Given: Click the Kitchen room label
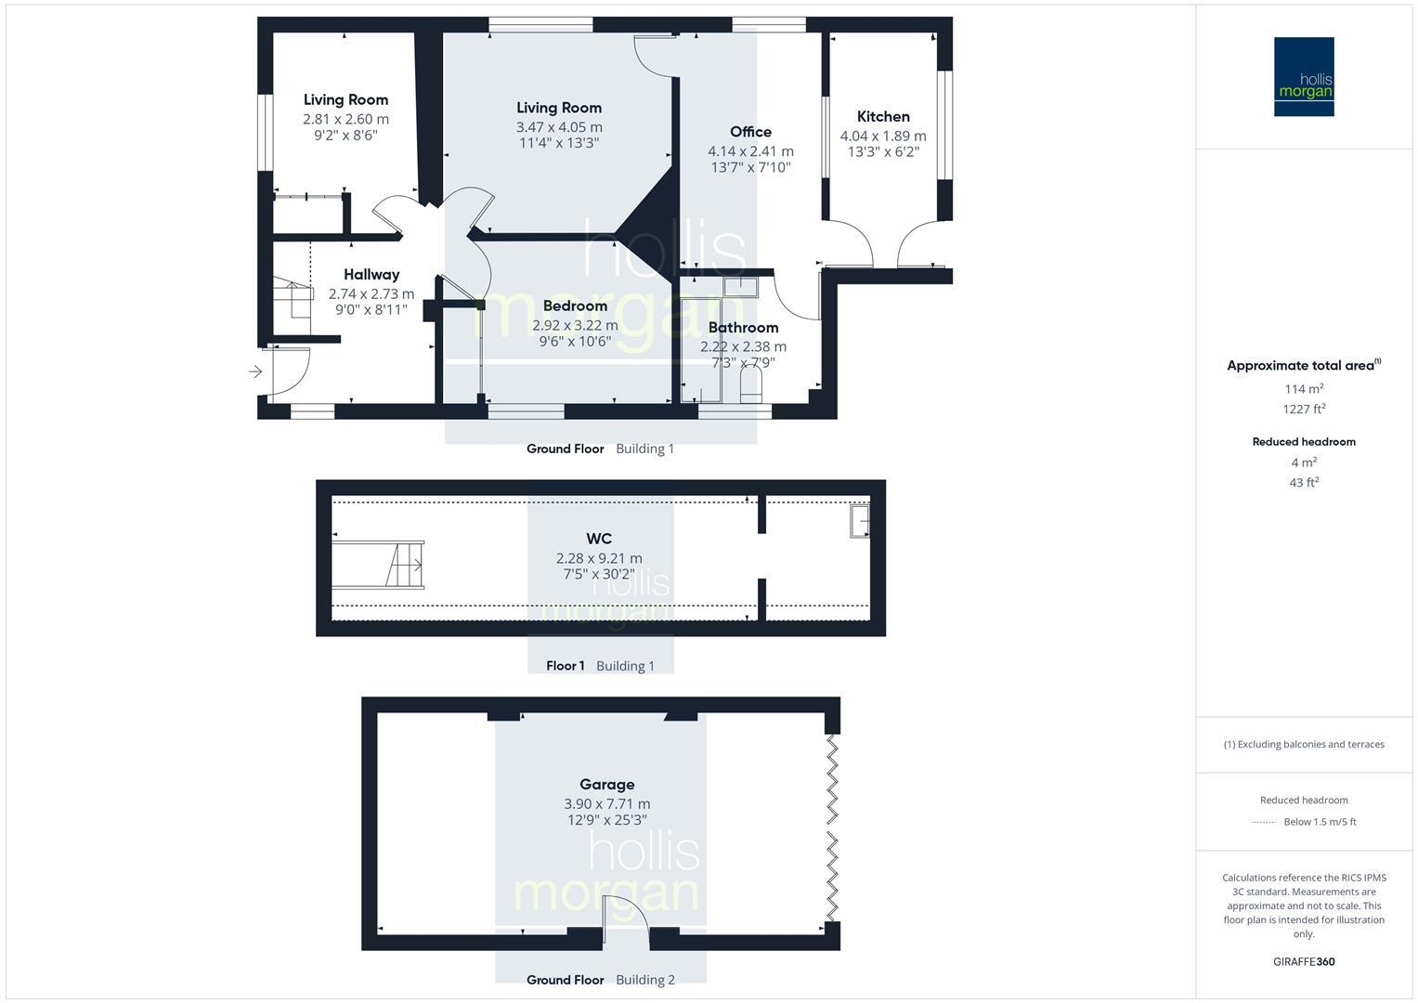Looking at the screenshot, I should pos(882,117).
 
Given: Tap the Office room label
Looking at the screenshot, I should pos(750,132).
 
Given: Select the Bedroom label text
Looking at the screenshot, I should pos(575,306).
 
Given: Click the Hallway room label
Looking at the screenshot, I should pos(371,274).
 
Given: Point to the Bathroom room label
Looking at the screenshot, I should pos(743,327).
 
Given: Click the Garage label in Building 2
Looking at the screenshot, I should pos(606,785).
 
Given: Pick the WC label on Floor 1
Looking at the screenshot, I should pos(599,539).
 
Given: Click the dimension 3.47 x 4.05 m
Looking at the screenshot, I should pos(559,127).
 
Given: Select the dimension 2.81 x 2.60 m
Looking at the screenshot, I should pos(345,119).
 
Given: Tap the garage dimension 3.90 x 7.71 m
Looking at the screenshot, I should pos(606,804).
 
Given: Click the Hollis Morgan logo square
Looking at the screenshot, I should pos(1304,77).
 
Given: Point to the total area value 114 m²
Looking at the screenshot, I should pos(1304,389).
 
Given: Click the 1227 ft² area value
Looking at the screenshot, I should pos(1304,409).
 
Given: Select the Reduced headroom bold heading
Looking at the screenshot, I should pos(1304,442).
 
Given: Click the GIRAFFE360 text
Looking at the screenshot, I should pos(1304,961).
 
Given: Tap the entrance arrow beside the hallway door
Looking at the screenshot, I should pos(255,372).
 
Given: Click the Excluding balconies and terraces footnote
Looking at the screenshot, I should pos(1304,744).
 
